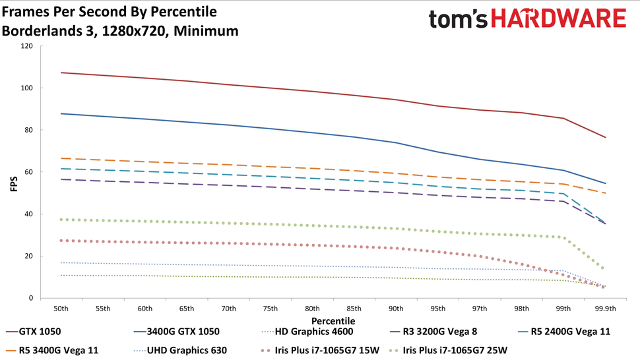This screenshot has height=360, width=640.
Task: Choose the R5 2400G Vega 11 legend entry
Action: pos(569,332)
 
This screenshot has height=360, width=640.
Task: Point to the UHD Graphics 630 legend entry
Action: pos(186,349)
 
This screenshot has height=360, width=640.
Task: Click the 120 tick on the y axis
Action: pos(26,46)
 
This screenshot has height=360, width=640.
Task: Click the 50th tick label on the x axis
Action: pos(61,309)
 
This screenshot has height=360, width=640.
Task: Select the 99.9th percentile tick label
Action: pos(605,309)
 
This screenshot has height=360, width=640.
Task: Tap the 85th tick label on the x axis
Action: pos(354,309)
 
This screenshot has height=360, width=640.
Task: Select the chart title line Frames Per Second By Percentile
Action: pos(109,13)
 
